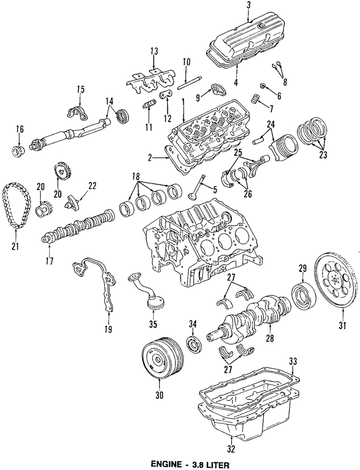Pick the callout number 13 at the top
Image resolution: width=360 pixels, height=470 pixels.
[x=153, y=51]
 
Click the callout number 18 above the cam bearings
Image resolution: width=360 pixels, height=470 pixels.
[x=137, y=177]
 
